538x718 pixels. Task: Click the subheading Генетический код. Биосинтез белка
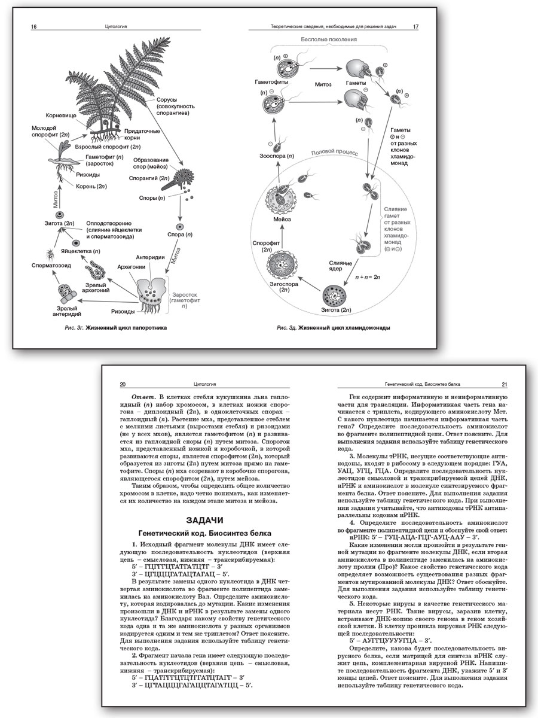click(x=205, y=533)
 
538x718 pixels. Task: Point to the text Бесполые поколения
click(x=329, y=39)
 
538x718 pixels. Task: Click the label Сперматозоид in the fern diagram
click(x=50, y=264)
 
